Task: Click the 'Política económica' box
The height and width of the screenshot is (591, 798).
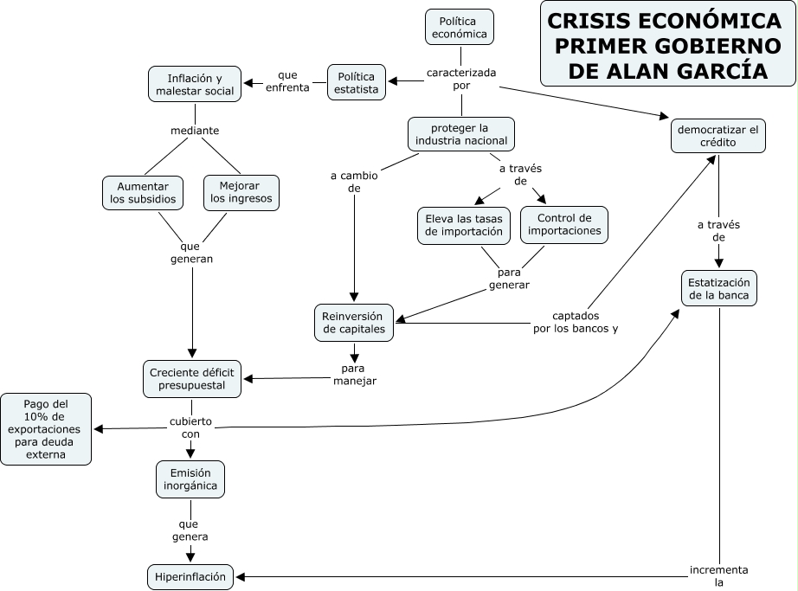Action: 460,28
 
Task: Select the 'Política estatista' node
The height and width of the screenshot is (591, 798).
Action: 357,82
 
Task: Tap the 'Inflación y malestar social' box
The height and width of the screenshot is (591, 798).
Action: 195,85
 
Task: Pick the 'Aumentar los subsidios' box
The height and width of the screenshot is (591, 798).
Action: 143,192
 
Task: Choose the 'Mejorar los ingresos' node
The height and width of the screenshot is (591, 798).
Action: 241,192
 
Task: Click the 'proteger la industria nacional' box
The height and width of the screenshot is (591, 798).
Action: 461,135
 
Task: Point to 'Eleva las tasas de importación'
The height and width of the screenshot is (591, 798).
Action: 464,225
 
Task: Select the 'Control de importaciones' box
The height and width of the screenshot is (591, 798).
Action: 564,225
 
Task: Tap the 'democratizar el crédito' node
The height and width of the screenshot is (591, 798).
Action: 718,136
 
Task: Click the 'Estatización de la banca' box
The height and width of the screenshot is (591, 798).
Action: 719,289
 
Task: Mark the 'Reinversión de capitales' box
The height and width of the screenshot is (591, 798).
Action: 353,322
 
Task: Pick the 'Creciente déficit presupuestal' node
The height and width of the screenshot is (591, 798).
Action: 190,378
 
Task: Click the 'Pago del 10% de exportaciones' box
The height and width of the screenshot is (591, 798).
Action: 46,429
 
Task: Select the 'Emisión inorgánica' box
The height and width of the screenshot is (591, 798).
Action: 191,479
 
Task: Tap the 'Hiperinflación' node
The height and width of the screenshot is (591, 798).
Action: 190,576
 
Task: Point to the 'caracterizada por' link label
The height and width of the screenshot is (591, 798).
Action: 460,79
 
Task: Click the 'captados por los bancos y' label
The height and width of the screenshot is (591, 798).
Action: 576,322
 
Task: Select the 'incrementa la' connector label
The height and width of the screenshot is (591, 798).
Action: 718,576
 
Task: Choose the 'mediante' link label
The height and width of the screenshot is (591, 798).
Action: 195,131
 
